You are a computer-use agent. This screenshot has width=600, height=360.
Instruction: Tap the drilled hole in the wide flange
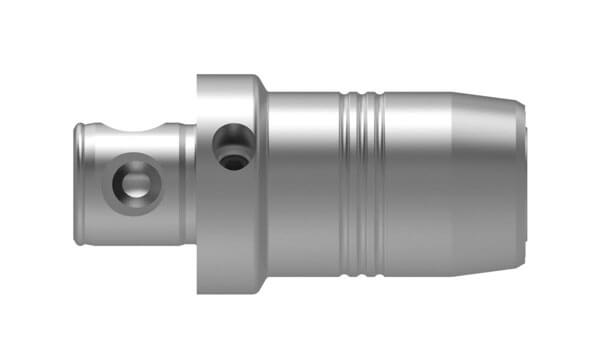(232, 145)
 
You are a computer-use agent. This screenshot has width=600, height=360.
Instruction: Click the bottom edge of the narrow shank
(135, 243)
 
